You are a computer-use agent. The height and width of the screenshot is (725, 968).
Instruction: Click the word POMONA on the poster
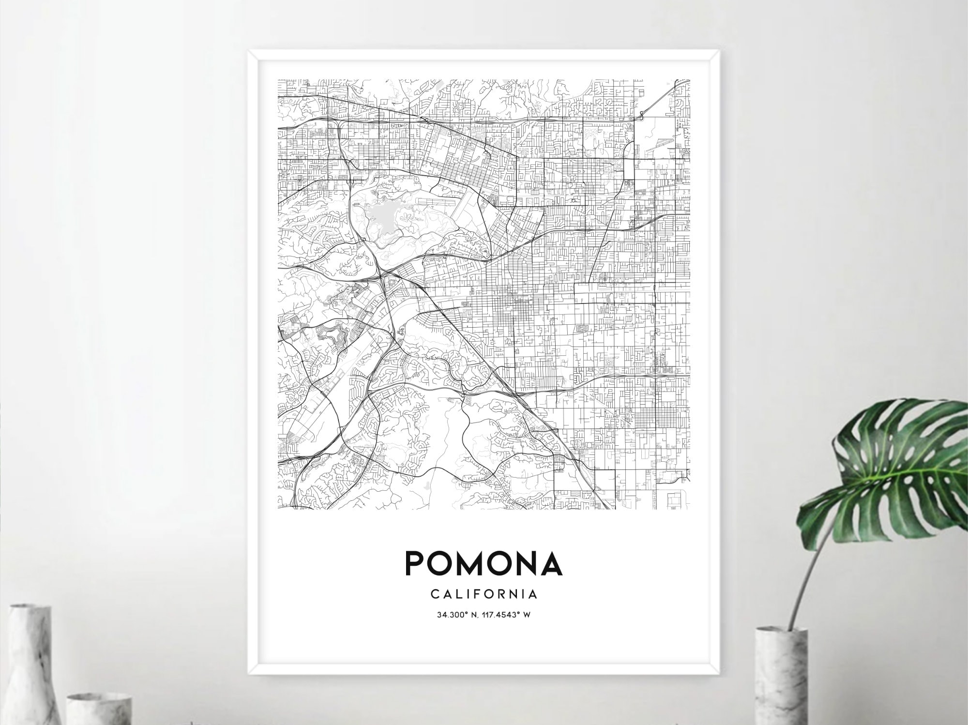pyautogui.click(x=484, y=563)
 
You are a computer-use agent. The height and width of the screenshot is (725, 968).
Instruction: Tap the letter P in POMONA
pyautogui.click(x=416, y=563)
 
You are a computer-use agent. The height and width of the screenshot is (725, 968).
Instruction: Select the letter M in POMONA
pyautogui.click(x=474, y=563)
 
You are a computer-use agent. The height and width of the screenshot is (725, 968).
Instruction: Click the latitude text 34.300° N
pyautogui.click(x=457, y=615)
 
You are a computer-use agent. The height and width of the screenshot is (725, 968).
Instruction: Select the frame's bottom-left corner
pyautogui.click(x=250, y=672)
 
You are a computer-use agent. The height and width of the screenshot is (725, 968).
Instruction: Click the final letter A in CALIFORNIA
pyautogui.click(x=534, y=593)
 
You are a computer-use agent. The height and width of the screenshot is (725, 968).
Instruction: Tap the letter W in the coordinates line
pyautogui.click(x=528, y=615)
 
